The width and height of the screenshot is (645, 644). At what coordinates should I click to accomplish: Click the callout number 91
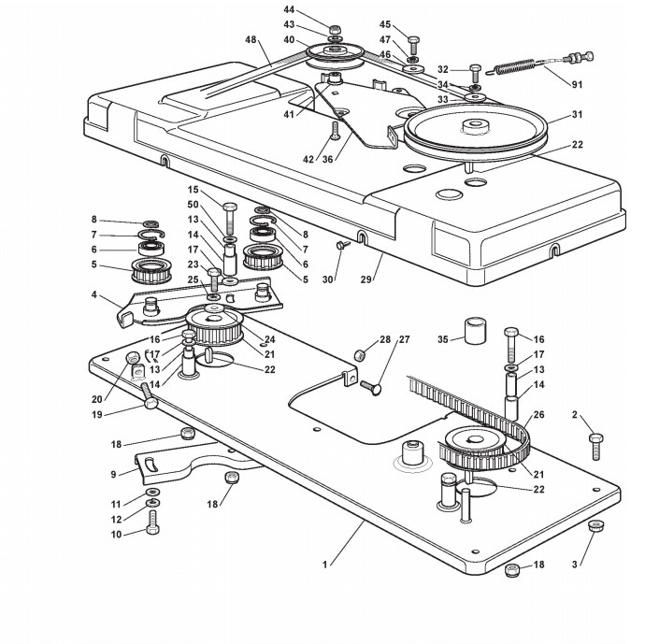[x=577, y=84]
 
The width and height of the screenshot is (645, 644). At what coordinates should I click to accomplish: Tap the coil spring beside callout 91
[x=514, y=67]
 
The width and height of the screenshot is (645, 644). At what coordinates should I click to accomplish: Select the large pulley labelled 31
[x=476, y=130]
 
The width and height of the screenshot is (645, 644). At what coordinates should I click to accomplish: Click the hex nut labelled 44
[x=336, y=30]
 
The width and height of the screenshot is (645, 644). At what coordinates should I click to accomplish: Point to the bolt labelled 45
[x=413, y=45]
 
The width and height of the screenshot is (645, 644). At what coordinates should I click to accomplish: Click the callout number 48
[x=251, y=39]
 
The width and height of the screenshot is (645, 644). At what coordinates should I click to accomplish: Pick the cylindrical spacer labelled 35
[x=475, y=330]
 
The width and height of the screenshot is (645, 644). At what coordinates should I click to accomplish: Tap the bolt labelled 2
[x=596, y=446]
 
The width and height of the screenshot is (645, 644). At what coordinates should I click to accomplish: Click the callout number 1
[x=325, y=565]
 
